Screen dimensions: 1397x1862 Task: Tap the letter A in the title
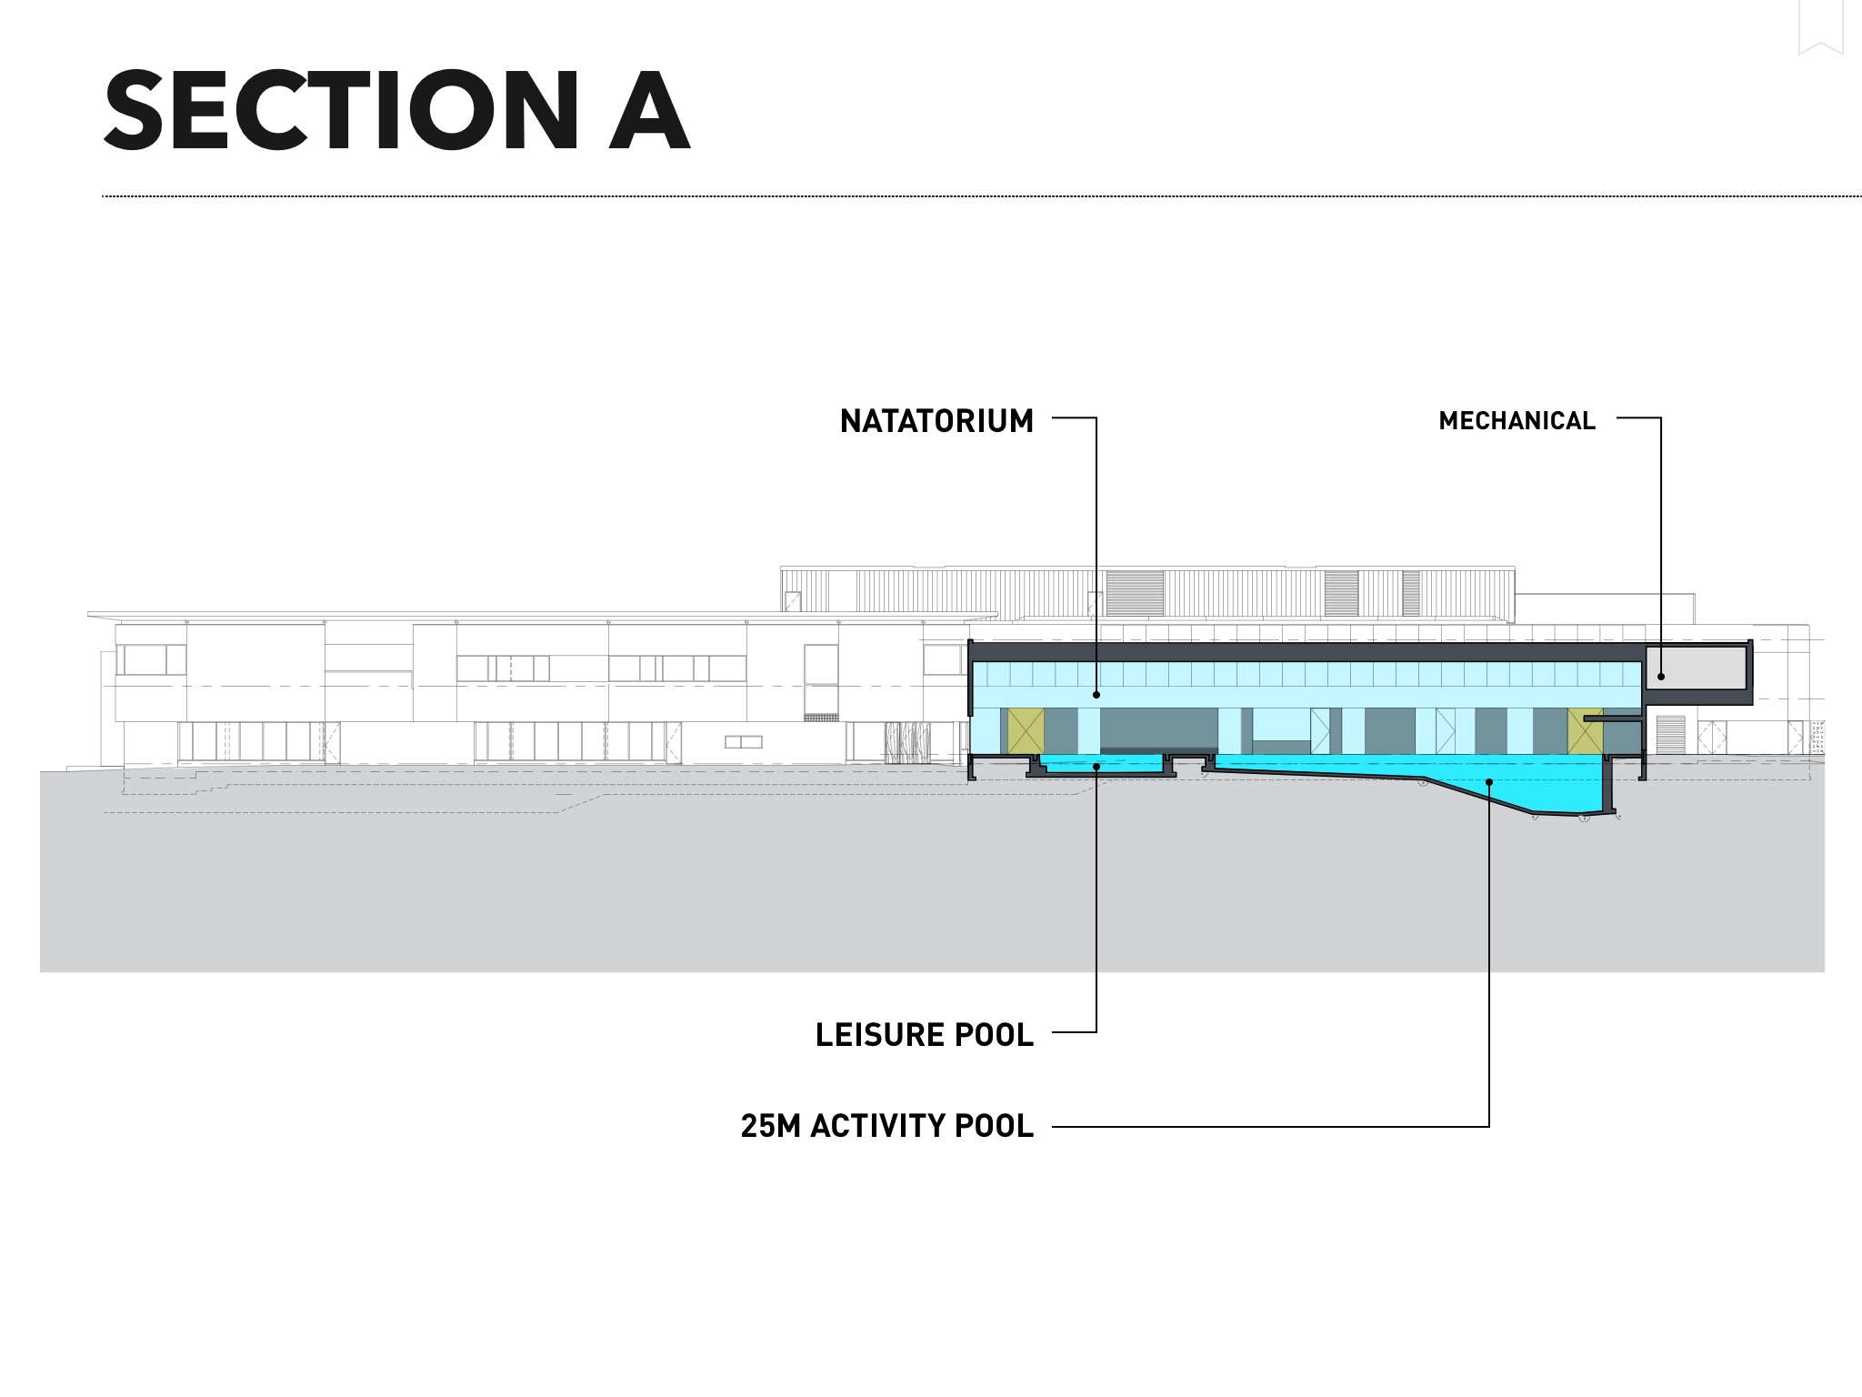click(x=649, y=111)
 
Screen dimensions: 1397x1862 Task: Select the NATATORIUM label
click(x=936, y=421)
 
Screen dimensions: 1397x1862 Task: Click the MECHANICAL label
click(x=1517, y=421)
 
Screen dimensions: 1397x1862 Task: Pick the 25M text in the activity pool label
click(x=772, y=1126)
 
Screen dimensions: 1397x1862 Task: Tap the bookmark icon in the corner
click(x=1820, y=27)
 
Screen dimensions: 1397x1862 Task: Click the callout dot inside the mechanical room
click(x=1660, y=676)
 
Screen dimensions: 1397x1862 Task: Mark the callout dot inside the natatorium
click(x=1096, y=695)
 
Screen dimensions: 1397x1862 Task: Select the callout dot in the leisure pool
click(x=1096, y=767)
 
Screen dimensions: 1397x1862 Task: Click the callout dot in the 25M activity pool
click(x=1489, y=781)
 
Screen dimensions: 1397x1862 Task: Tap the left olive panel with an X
click(x=1026, y=730)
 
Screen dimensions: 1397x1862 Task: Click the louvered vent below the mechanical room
click(x=1670, y=735)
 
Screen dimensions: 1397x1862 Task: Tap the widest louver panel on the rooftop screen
click(x=1135, y=592)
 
